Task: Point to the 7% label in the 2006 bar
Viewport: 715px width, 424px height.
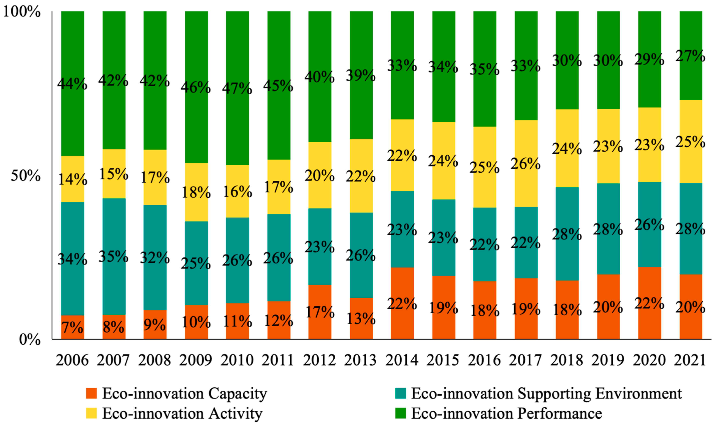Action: click(73, 327)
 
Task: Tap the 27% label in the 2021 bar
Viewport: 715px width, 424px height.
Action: click(691, 56)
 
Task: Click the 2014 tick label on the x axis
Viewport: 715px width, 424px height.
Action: click(402, 360)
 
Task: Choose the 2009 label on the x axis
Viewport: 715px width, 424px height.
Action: click(196, 360)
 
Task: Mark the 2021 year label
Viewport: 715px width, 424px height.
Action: click(690, 360)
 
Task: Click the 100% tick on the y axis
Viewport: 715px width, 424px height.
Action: click(22, 12)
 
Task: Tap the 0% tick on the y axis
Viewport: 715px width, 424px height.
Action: click(30, 339)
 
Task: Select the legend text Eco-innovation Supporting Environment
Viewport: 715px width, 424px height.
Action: click(546, 394)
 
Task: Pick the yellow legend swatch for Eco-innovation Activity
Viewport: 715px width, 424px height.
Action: click(91, 413)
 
